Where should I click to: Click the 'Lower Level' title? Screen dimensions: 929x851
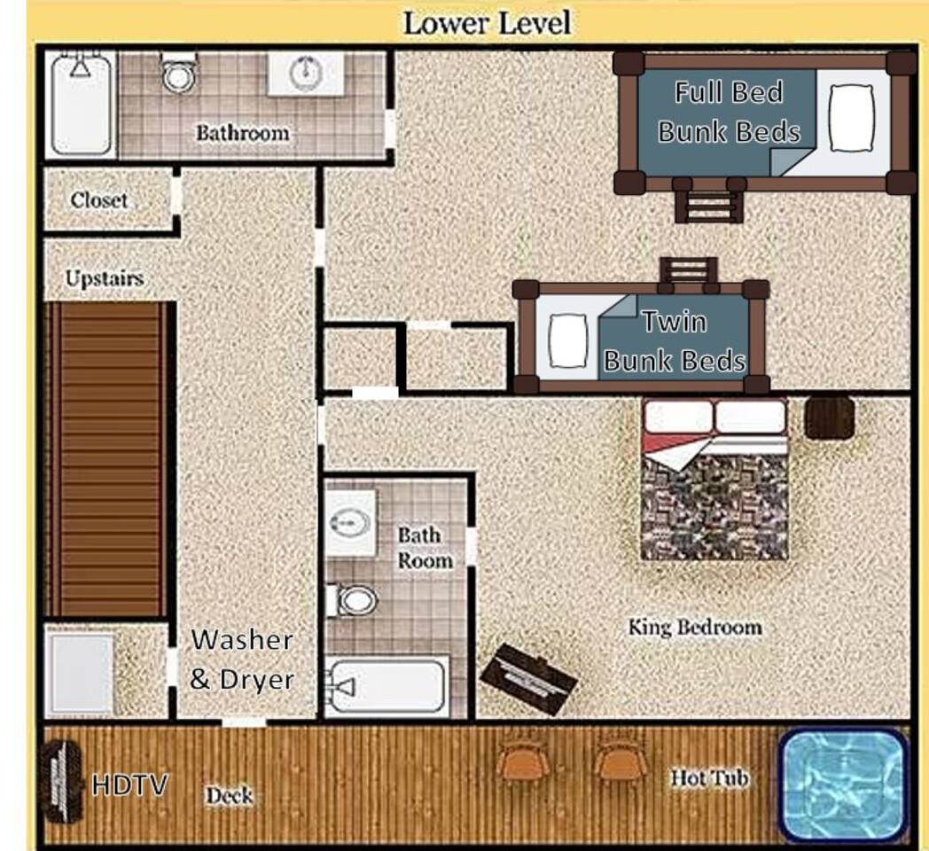pos(487,24)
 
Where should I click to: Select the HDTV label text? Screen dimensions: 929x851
pos(129,785)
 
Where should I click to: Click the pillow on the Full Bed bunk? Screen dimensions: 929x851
pos(851,118)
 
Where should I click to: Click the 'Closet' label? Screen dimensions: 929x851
pos(99,200)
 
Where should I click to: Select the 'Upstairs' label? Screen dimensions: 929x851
pos(105,278)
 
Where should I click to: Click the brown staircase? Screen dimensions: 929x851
pos(106,459)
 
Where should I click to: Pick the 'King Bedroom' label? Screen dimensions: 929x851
pos(695,627)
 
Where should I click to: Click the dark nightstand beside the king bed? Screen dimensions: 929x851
pos(830,418)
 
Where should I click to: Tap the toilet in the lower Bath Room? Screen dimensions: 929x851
pos(352,600)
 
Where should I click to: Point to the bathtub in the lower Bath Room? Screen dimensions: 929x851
pos(386,686)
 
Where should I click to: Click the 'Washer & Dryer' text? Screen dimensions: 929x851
pos(242,660)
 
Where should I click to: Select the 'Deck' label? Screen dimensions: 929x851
pos(230,795)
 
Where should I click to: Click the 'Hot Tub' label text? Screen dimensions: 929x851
pos(709,777)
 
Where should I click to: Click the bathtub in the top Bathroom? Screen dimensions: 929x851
pos(81,105)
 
